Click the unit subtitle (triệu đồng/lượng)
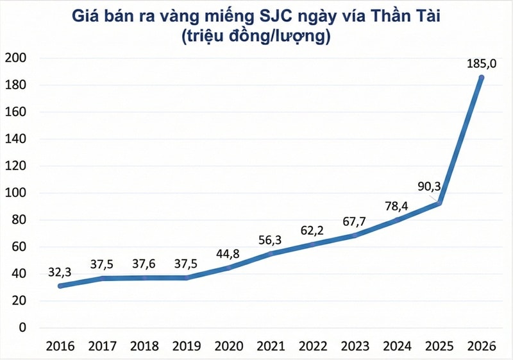pos(256,37)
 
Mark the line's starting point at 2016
pos(59,286)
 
